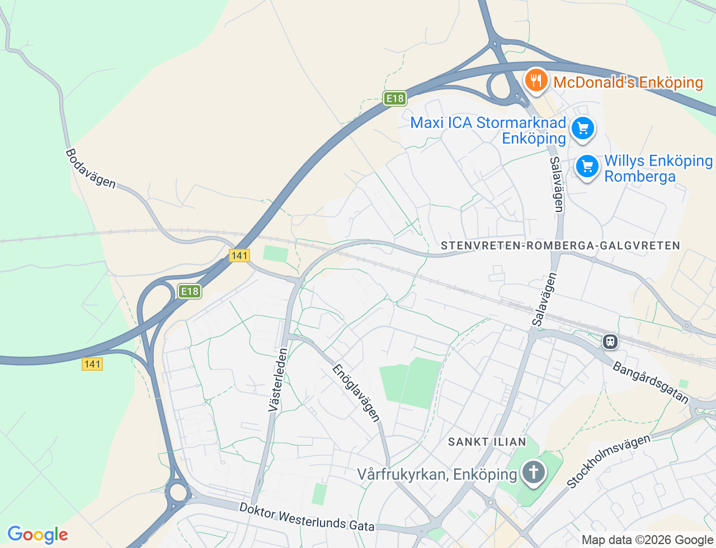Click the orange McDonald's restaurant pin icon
tap(536, 81)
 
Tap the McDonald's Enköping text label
tap(628, 83)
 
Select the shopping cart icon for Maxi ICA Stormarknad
tap(583, 129)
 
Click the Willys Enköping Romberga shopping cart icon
tap(587, 166)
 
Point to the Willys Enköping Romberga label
tap(658, 168)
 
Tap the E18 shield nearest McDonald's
tap(394, 98)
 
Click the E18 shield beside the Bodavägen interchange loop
tap(190, 291)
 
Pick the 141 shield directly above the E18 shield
tap(239, 256)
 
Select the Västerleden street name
tap(278, 380)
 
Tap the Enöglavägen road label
tap(356, 393)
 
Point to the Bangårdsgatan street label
tap(651, 383)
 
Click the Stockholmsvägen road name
tap(609, 461)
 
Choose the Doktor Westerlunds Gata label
tap(307, 517)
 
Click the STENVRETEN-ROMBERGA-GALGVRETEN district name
tap(560, 245)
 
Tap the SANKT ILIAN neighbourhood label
tap(487, 442)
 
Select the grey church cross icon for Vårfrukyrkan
tap(533, 473)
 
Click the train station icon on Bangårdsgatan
tap(610, 341)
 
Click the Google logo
tap(37, 535)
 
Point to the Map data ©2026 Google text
tap(647, 540)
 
